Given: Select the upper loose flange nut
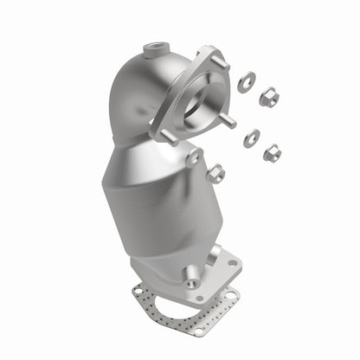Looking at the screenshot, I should coord(269,95).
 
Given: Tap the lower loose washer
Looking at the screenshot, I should coord(252,137).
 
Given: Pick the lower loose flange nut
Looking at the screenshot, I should coord(272,152).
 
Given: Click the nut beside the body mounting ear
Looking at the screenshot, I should coord(215,173).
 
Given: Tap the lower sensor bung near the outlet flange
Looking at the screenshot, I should coord(190,281).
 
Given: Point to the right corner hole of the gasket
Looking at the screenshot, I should coord(231,295).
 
